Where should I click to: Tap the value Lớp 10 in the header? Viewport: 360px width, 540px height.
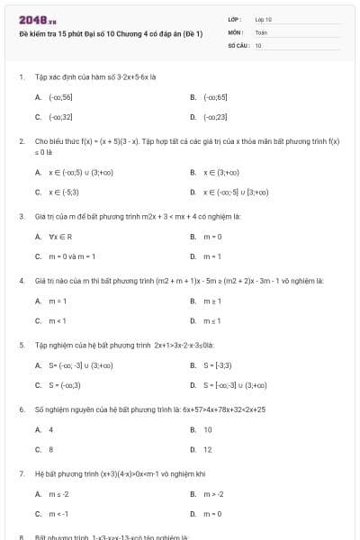tap(263, 19)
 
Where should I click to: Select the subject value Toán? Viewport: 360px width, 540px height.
tap(261, 31)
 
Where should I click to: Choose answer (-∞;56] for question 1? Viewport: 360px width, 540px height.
tap(60, 97)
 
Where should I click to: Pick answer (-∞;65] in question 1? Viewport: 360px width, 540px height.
tap(215, 97)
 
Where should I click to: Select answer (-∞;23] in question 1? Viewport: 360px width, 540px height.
tap(215, 117)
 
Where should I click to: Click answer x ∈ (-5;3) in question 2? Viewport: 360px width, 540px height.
tap(64, 192)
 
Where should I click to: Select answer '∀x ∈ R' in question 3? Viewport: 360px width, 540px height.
tap(59, 237)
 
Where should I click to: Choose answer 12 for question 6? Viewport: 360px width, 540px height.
tap(208, 449)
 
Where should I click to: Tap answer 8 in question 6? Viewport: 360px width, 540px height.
tap(50, 449)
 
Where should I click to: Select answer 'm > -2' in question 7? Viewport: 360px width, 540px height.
tap(213, 494)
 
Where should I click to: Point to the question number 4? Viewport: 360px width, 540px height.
tap(21, 282)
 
